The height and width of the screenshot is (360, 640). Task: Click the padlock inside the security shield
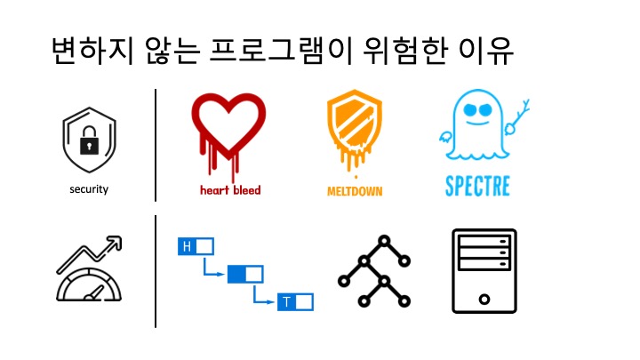point(89,143)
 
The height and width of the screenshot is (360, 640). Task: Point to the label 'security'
point(89,189)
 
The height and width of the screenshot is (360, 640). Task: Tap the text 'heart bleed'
point(229,189)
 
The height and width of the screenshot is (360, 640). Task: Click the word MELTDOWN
point(355,190)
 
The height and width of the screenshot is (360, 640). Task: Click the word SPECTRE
point(477,188)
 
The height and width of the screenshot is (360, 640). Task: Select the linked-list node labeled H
point(196,245)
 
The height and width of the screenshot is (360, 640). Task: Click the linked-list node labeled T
point(296,302)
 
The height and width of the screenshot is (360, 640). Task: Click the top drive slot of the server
point(484,239)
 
